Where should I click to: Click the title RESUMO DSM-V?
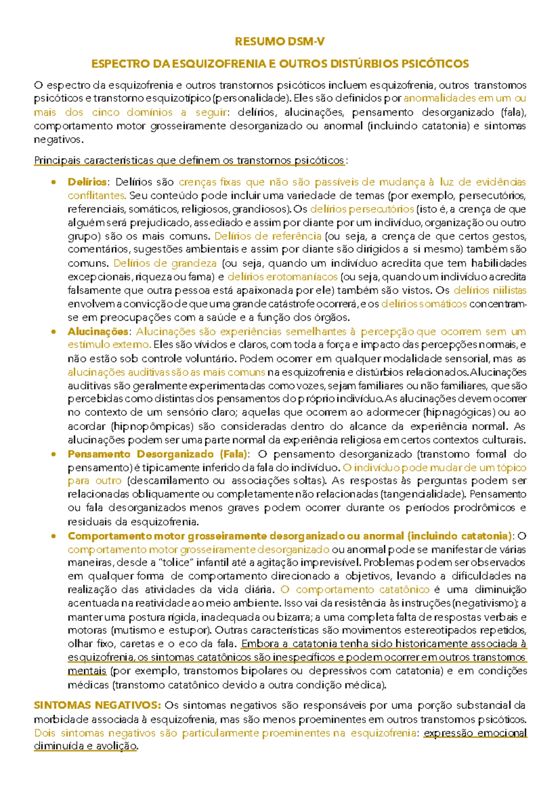pos(280,42)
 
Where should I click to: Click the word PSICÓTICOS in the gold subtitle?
pos(435,64)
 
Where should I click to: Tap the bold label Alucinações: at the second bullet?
pos(98,332)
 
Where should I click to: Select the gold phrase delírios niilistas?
pos(490,290)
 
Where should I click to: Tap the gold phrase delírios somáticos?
pos(424,304)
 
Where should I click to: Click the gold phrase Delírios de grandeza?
pos(165,263)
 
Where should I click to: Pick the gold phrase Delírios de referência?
pos(267,236)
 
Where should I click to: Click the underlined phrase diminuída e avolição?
pos(85,746)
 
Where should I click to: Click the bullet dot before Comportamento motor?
pos(54,536)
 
